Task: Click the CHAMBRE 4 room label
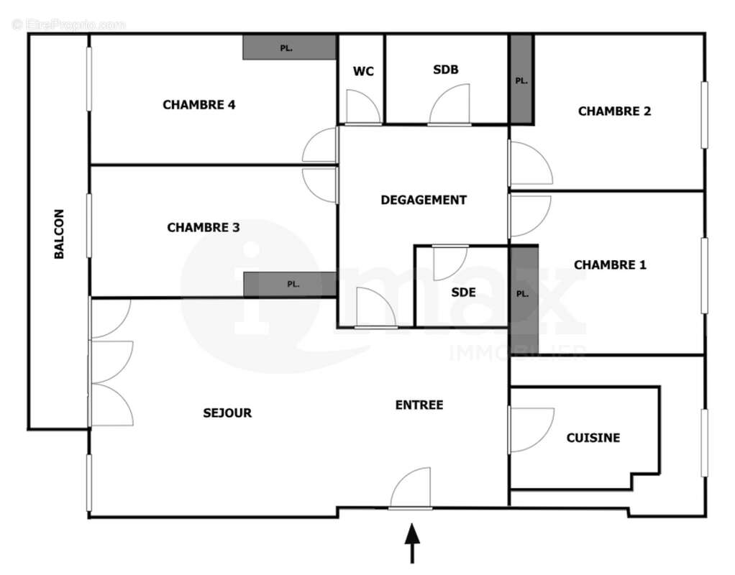(199, 105)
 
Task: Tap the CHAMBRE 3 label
(204, 228)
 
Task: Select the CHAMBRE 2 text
(614, 111)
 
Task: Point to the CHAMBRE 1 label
(610, 265)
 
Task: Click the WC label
(363, 71)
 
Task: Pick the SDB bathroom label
(446, 70)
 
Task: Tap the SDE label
(463, 293)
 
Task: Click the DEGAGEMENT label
(424, 201)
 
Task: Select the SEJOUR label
(227, 413)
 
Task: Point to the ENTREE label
(419, 405)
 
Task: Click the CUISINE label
(593, 438)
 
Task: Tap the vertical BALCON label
(60, 234)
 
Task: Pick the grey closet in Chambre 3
(290, 284)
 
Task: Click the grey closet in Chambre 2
(521, 79)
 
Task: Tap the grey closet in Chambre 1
(523, 298)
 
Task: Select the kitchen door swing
(530, 430)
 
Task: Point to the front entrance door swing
(412, 489)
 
